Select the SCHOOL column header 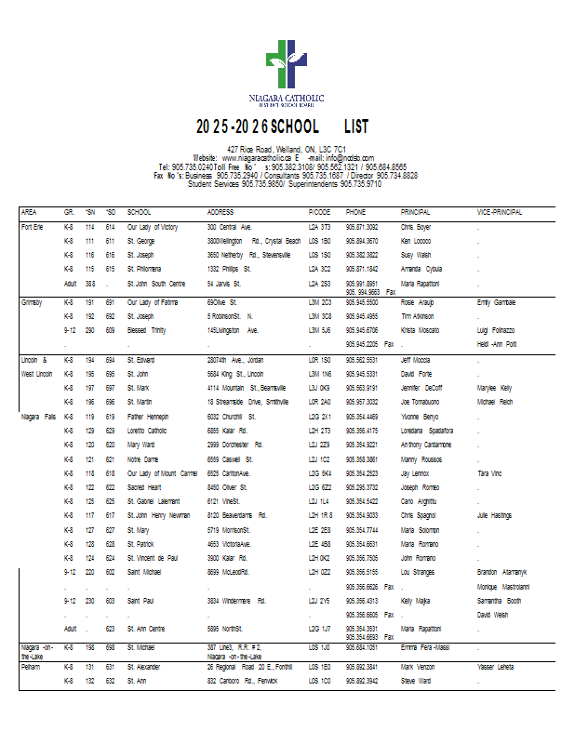[x=139, y=212]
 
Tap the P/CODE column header [x=319, y=212]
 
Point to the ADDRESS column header [x=221, y=212]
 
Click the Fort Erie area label [x=33, y=226]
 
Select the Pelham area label [x=32, y=667]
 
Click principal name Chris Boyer [x=416, y=226]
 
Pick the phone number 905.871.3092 [x=362, y=226]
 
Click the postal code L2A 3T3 [x=320, y=226]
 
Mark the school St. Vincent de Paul [x=154, y=557]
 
